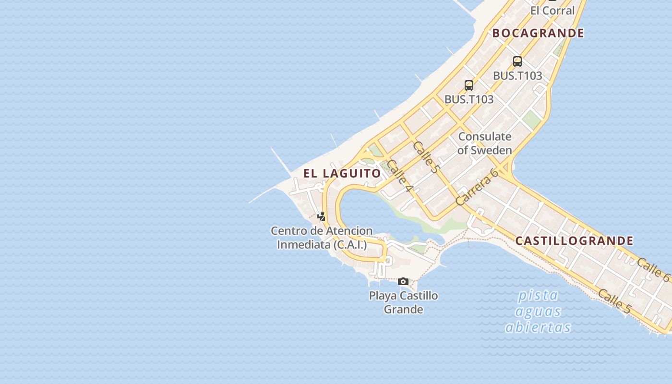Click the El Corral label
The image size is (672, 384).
click(552, 11)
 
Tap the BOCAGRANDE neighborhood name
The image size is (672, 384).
click(538, 33)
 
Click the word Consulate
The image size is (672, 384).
click(484, 136)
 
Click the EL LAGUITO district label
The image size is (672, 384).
click(342, 173)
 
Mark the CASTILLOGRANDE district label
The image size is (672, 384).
click(574, 241)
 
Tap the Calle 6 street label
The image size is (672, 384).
click(653, 270)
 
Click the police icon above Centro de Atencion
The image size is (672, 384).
click(322, 216)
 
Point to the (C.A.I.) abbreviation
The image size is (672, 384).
click(350, 245)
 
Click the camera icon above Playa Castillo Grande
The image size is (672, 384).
click(403, 281)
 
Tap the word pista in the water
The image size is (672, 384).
click(538, 295)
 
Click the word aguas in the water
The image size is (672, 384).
click(538, 312)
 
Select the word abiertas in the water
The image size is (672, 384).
click(538, 327)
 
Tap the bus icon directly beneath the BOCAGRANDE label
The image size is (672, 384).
click(517, 61)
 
